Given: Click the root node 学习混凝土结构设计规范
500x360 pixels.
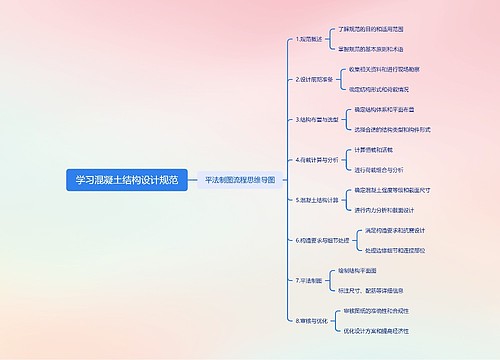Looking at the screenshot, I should [x=127, y=180].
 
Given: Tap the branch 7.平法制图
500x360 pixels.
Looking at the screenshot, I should [x=311, y=281].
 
